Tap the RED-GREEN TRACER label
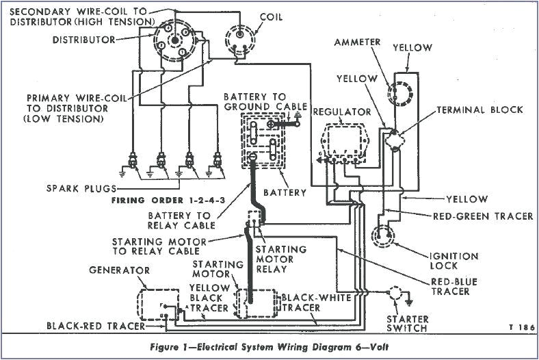(483, 216)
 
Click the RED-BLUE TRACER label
(450, 286)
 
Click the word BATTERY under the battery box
(285, 192)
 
